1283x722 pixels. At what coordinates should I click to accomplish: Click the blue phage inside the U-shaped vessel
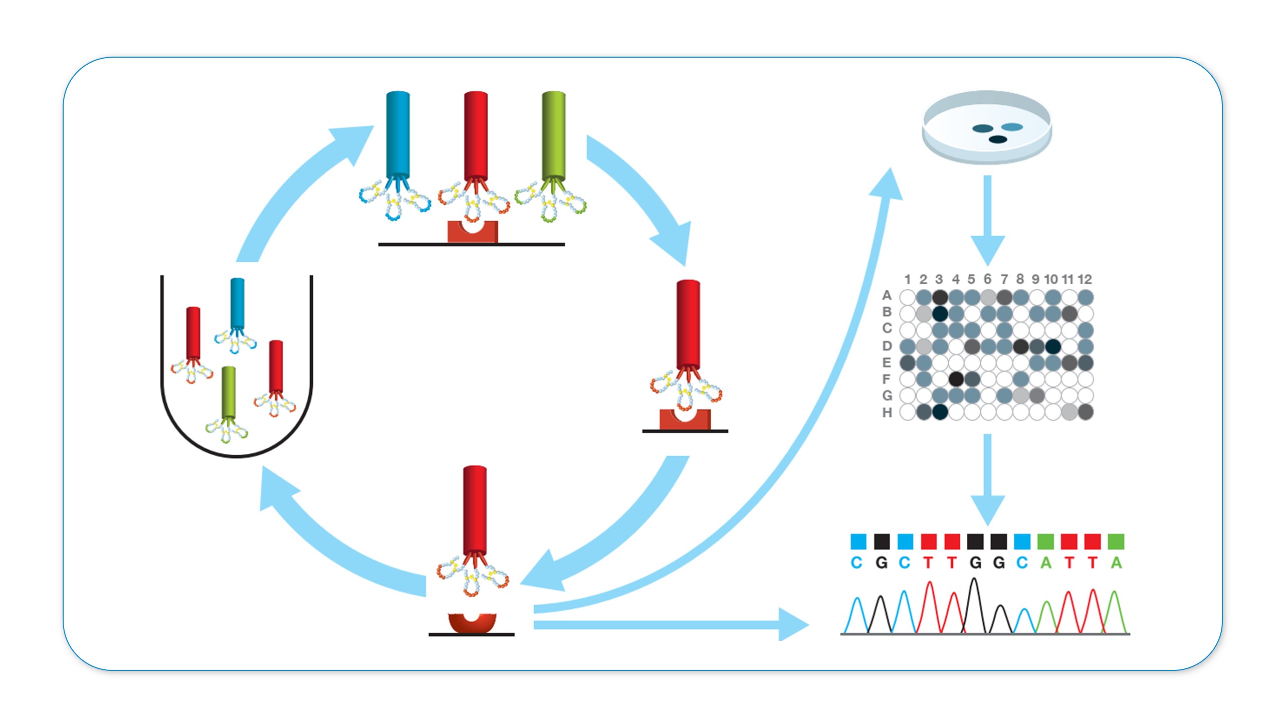click(x=237, y=304)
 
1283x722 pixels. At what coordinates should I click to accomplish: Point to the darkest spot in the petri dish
click(x=997, y=139)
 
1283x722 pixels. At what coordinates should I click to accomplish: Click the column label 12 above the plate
click(x=1085, y=279)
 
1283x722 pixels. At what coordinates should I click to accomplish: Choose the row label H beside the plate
click(x=887, y=413)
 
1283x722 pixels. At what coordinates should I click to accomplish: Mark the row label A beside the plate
click(x=887, y=295)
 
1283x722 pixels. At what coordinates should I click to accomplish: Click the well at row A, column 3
click(x=940, y=297)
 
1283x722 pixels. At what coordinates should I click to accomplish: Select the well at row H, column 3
click(x=940, y=412)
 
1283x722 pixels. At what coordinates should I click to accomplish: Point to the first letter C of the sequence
click(x=857, y=563)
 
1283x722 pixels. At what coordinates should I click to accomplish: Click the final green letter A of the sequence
click(x=1116, y=563)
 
